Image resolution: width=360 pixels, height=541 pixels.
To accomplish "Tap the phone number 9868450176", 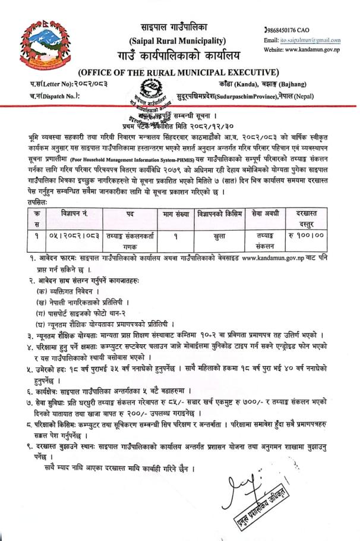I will pos(286,30).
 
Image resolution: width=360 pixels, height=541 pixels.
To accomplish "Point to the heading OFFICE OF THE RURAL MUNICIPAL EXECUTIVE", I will pos(179,73).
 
